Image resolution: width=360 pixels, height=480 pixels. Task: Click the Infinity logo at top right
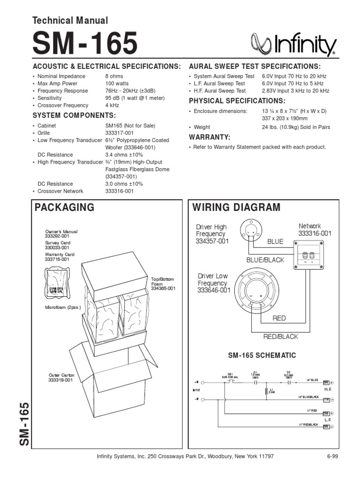(x=294, y=45)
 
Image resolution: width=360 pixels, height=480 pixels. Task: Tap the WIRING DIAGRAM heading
(x=237, y=208)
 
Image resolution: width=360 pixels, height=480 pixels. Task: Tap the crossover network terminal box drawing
(x=309, y=254)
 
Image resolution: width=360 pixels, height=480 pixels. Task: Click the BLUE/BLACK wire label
(x=265, y=260)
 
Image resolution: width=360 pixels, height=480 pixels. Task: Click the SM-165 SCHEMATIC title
(x=262, y=356)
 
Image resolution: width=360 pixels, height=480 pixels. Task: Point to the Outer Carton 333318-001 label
(x=61, y=377)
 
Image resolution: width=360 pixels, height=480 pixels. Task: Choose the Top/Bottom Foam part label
(x=163, y=284)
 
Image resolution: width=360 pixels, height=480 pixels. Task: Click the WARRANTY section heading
(x=210, y=137)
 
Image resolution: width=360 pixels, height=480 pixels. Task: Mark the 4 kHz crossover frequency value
(x=112, y=105)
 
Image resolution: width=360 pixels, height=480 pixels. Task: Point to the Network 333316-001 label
(x=315, y=230)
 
